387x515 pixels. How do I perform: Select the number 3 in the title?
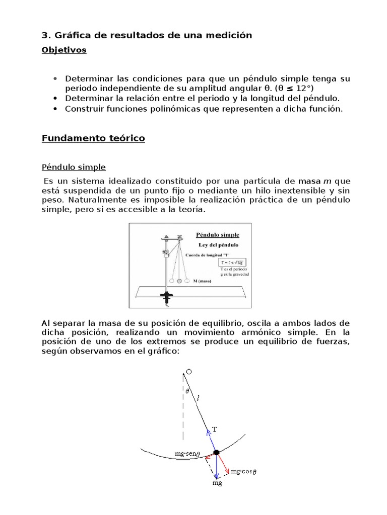click(x=44, y=35)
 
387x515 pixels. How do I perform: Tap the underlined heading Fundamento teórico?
click(x=93, y=138)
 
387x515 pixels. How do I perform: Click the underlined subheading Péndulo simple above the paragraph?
click(x=74, y=167)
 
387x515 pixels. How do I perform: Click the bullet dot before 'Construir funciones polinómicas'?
click(x=55, y=109)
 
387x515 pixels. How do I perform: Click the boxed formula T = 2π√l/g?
click(x=233, y=263)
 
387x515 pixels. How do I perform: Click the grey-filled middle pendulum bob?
click(x=178, y=281)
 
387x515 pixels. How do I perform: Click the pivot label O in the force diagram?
click(x=188, y=372)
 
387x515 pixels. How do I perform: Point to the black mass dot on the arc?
click(x=216, y=453)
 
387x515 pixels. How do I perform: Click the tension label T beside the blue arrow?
click(x=214, y=429)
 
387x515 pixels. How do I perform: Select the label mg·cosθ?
click(x=243, y=472)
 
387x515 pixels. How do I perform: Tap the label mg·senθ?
click(x=187, y=453)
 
